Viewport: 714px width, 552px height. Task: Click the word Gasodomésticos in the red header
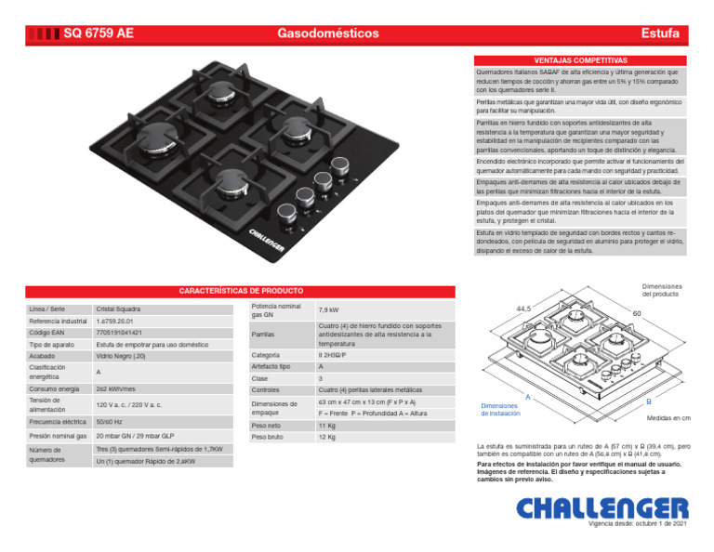click(x=328, y=33)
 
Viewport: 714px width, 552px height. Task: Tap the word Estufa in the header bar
click(x=660, y=33)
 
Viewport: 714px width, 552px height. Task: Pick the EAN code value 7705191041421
click(x=119, y=332)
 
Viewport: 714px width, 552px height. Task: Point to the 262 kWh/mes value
click(x=115, y=388)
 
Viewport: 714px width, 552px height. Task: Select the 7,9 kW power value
click(x=329, y=309)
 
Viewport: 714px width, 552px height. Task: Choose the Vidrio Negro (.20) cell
click(x=121, y=355)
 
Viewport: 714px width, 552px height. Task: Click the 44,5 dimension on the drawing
click(x=523, y=309)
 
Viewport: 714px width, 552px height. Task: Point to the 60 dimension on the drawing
click(x=637, y=314)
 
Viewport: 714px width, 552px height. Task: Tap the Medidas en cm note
click(x=668, y=418)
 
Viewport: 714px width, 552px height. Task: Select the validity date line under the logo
click(x=632, y=525)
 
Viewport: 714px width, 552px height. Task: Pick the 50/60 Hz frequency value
click(x=110, y=420)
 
